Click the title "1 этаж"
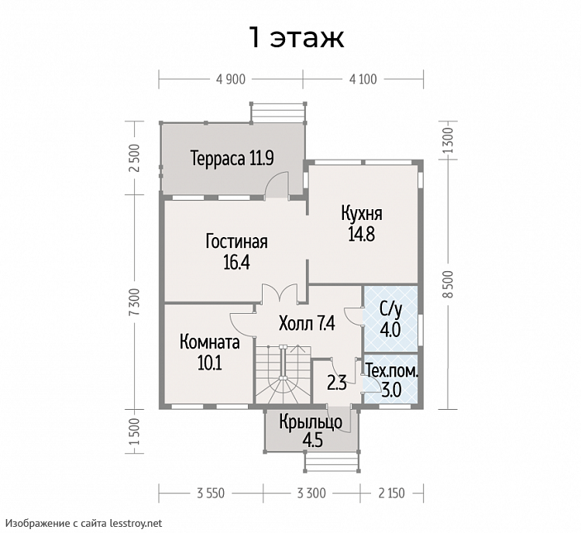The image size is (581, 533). [x=297, y=37]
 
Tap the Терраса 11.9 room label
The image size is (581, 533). [x=232, y=158]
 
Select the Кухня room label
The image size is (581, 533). [x=362, y=214]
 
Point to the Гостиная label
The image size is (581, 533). [x=237, y=242]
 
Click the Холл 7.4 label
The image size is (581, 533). [x=307, y=324]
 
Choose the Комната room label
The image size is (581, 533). [x=210, y=342]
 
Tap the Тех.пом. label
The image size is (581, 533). [x=392, y=370]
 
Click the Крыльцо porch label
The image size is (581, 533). [x=311, y=423]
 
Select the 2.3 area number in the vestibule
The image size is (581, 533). [x=337, y=383]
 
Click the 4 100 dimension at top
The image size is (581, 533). [x=363, y=79]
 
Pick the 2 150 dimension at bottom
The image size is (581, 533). [x=391, y=493]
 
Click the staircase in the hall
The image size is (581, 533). [x=283, y=374]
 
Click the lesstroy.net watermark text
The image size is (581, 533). [x=136, y=523]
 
